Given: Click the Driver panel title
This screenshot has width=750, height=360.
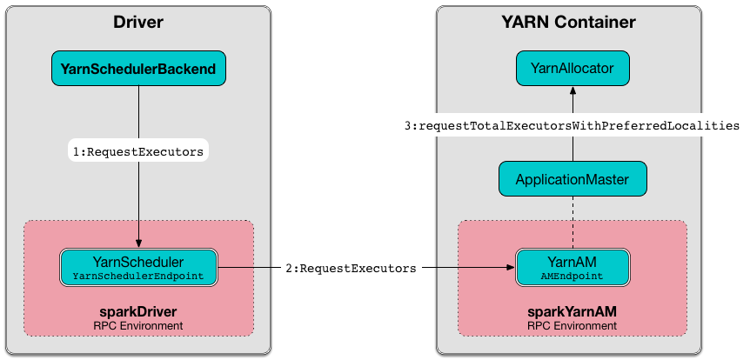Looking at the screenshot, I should pos(138,22).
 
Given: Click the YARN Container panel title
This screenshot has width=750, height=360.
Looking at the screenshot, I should pos(572,22).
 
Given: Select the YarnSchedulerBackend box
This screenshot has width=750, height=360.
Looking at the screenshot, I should pos(138,68).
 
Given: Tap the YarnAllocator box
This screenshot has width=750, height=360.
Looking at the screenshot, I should pos(572,68).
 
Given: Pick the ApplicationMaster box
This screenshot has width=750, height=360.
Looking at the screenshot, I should pos(572,179).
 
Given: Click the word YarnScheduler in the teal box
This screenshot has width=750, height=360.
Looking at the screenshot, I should pos(138,260).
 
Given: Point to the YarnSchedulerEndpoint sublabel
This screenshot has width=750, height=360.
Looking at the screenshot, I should pos(138,276).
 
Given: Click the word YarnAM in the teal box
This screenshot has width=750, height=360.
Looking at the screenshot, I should pos(572,260).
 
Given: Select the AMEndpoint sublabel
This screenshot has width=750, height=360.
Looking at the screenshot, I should pos(572,276).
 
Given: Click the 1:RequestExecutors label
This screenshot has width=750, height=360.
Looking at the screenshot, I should pos(138,150).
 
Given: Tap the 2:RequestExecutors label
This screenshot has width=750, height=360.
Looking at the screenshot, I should pos(351,268).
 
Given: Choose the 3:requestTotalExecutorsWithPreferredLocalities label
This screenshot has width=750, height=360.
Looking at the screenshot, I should pos(572,126).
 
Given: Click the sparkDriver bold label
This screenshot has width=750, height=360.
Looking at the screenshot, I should pos(138,310).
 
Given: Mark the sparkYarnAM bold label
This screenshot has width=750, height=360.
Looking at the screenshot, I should pos(572,310).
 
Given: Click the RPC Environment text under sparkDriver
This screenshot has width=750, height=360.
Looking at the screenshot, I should pos(138,325).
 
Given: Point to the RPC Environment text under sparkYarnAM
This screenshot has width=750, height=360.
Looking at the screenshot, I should pos(572,325).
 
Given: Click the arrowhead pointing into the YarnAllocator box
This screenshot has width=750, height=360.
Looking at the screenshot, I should pos(572,91).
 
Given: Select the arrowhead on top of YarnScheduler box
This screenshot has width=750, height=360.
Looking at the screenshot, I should pos(138,244).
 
